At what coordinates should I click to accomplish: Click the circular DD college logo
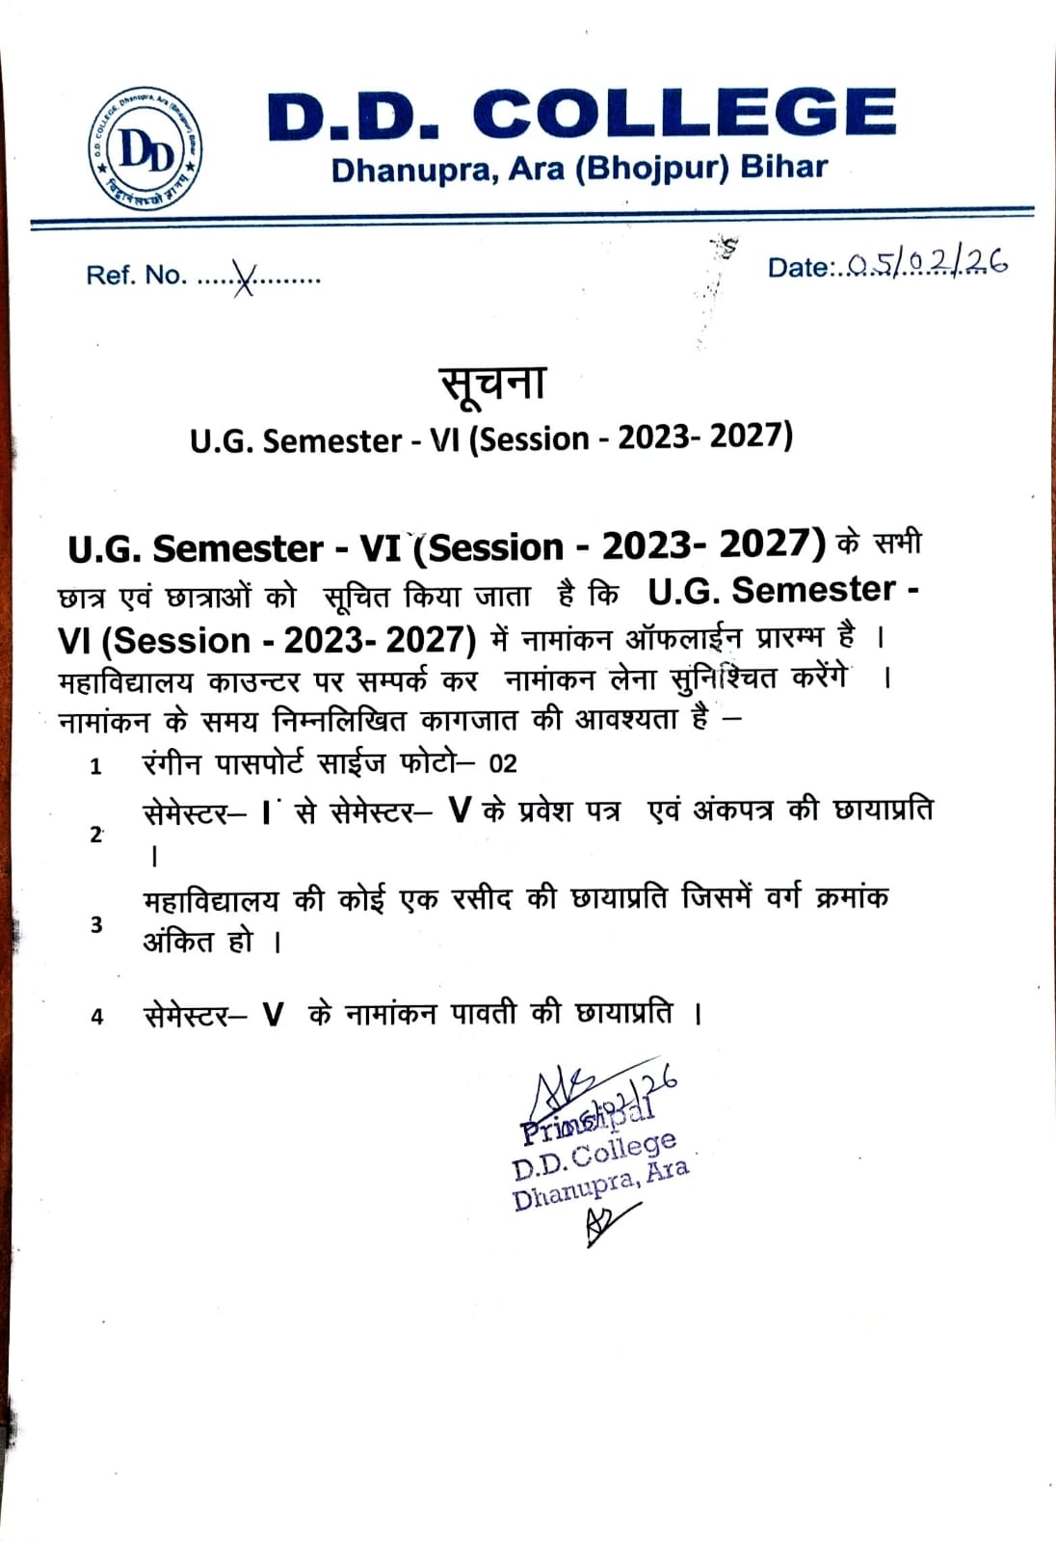tap(146, 150)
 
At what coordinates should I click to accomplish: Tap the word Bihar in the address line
tap(783, 167)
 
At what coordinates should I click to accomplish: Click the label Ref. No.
tap(136, 276)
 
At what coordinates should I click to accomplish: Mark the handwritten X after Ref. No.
tap(245, 279)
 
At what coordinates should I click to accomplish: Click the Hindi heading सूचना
tap(493, 382)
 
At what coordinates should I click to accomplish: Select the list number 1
tap(95, 767)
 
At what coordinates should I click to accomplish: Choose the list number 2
tap(95, 835)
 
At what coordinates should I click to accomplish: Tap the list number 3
tap(96, 925)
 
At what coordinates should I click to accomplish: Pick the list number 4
tap(96, 1017)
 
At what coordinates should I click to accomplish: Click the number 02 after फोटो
tap(503, 765)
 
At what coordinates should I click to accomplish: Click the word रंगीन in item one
tap(172, 764)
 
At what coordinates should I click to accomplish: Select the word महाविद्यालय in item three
tap(210, 901)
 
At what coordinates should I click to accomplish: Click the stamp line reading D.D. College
tap(594, 1156)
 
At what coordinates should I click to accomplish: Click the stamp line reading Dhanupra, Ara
tap(600, 1186)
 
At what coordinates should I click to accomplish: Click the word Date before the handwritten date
tap(797, 268)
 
